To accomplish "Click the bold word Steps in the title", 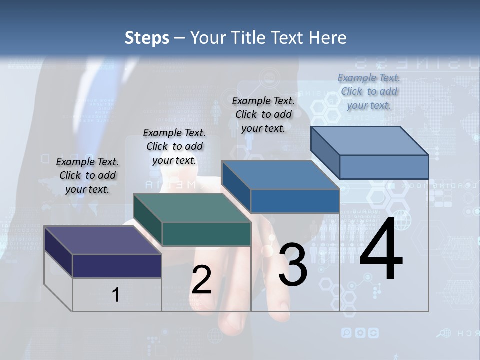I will tap(147, 38).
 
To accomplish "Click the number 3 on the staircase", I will tap(293, 264).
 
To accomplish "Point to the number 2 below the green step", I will tap(201, 280).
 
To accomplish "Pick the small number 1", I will tap(116, 295).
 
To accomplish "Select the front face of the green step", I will tap(206, 234).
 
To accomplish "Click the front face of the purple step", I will tap(117, 266).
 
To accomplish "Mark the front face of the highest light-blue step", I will tap(384, 167).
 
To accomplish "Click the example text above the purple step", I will tap(87, 175).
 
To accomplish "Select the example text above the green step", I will tap(174, 146).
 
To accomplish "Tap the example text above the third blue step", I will tap(263, 114).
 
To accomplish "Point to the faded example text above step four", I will tap(369, 91).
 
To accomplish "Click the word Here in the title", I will tap(328, 38).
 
